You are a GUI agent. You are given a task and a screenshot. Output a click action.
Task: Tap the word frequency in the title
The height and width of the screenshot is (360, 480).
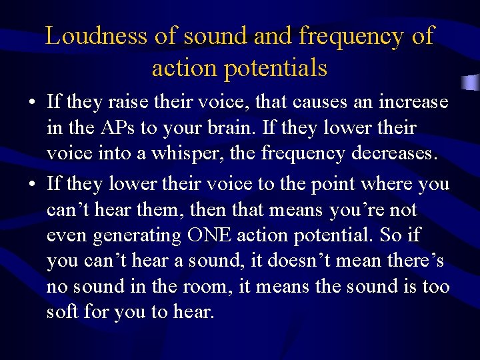351,36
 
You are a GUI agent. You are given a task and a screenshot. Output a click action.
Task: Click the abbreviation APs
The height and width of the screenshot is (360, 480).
119,128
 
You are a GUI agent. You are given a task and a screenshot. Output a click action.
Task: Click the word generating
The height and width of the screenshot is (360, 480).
139,236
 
